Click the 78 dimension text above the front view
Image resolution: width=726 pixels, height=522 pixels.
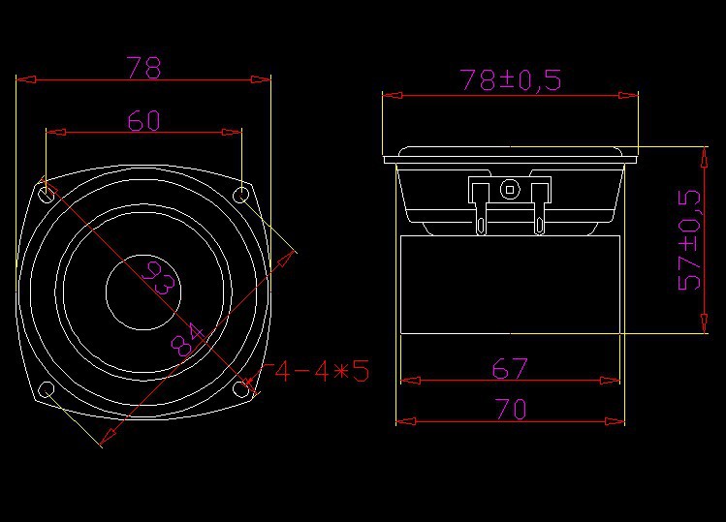point(143,68)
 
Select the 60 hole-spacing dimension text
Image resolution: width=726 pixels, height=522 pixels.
point(143,120)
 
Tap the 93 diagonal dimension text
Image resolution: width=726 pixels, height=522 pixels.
point(157,279)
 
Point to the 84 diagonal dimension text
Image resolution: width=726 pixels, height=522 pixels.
point(187,338)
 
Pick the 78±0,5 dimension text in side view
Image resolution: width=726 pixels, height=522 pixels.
point(511,80)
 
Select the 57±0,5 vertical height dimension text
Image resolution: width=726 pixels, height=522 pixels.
point(689,239)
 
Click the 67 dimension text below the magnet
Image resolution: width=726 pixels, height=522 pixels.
point(510,368)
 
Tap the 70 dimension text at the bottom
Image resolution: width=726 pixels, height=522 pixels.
point(510,410)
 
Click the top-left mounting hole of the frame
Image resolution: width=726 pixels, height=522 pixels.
point(47,194)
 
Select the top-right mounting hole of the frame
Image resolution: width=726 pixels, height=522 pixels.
point(241,194)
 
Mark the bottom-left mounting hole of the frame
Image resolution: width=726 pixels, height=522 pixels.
point(46,389)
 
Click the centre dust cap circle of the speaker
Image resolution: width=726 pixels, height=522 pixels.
point(143,292)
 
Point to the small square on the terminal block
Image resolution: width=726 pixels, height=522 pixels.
point(509,189)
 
